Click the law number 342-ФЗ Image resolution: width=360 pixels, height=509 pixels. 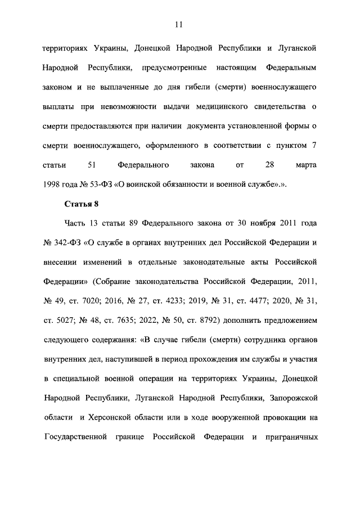coord(67,242)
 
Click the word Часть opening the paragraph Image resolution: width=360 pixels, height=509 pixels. coord(74,223)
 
